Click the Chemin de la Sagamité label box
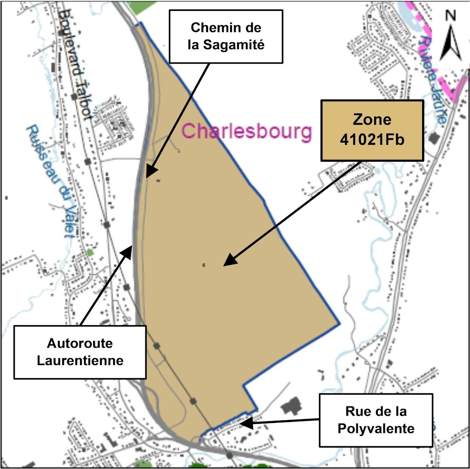pyautogui.click(x=226, y=37)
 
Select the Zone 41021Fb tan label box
pyautogui.click(x=372, y=130)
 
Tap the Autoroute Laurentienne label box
pyautogui.click(x=80, y=352)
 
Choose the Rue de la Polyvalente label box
pyautogui.click(x=376, y=420)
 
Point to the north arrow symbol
pyautogui.click(x=450, y=42)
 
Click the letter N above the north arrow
pyautogui.click(x=450, y=16)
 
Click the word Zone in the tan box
pyautogui.click(x=372, y=120)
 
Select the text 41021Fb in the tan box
pyautogui.click(x=372, y=140)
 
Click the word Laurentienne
pyautogui.click(x=80, y=360)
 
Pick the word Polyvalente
pyautogui.click(x=376, y=428)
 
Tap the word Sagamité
pyautogui.click(x=226, y=45)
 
